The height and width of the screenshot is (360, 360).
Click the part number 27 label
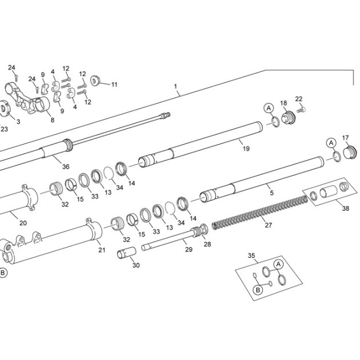(x=269, y=225)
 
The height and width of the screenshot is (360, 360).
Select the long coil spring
(x=259, y=213)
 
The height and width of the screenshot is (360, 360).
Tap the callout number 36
(x=66, y=166)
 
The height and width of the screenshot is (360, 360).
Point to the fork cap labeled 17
(x=350, y=152)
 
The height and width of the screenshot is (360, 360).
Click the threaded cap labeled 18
(x=289, y=118)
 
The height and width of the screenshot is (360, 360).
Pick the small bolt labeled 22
(x=301, y=110)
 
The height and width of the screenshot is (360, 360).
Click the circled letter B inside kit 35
(x=258, y=290)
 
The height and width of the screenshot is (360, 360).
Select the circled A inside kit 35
(x=278, y=265)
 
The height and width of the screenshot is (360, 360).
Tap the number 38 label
(x=346, y=208)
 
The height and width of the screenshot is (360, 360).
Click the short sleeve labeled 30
(x=126, y=253)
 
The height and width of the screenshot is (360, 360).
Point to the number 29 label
(x=189, y=249)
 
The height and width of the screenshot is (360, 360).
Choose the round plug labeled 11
(x=95, y=81)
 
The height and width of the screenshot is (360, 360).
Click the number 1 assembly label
(x=175, y=86)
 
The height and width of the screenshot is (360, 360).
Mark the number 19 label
(x=246, y=149)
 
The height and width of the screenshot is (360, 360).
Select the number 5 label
(x=272, y=193)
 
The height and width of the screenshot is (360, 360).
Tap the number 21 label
(x=102, y=250)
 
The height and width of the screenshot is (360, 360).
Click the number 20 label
(x=23, y=223)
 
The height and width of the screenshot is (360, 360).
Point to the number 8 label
(x=53, y=120)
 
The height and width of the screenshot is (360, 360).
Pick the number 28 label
(x=207, y=244)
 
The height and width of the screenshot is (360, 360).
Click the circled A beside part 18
(x=269, y=108)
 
